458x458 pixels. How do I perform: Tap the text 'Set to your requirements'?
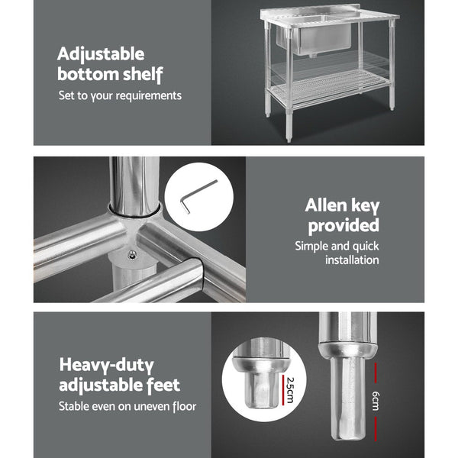coord(121,96)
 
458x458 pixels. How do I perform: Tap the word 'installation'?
coord(352,260)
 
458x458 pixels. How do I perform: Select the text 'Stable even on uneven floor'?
coord(127,406)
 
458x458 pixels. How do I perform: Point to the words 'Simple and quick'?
coord(337,247)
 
